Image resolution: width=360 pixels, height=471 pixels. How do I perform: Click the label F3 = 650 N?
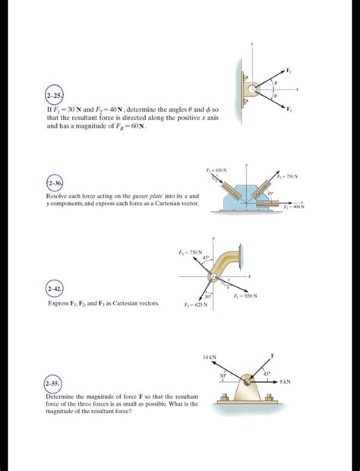pyautogui.click(x=216, y=169)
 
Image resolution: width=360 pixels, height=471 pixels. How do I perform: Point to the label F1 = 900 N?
pyautogui.click(x=293, y=207)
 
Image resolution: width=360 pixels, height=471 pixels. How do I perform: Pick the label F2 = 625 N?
pyautogui.click(x=199, y=304)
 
